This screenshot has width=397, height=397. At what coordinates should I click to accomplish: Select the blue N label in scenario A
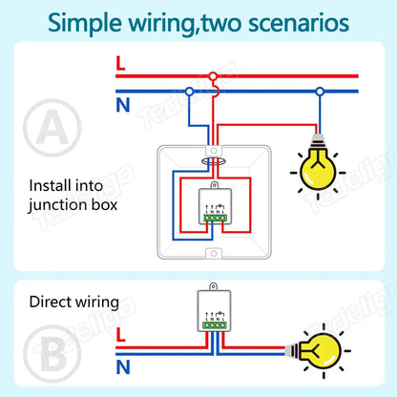click(x=122, y=104)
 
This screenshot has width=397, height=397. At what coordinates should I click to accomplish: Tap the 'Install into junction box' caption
click(x=74, y=195)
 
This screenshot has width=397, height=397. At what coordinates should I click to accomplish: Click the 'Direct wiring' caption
click(x=74, y=303)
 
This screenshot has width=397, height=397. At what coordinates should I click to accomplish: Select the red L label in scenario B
click(x=118, y=335)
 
